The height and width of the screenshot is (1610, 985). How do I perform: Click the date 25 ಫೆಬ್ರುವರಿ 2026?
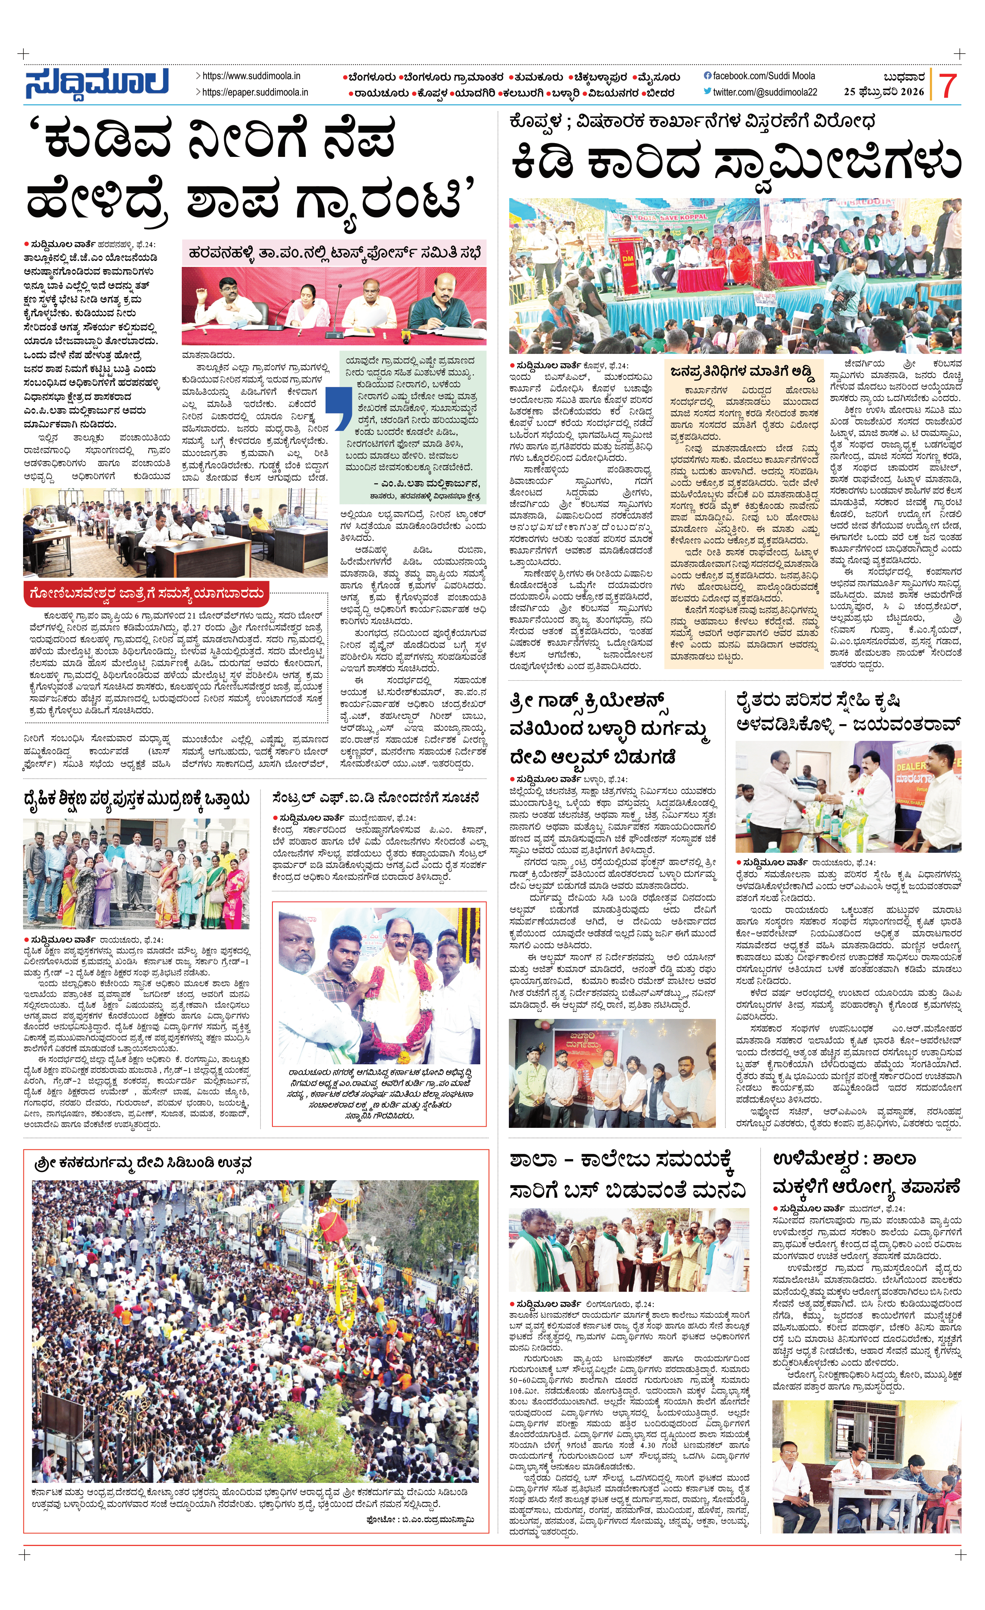click(x=884, y=92)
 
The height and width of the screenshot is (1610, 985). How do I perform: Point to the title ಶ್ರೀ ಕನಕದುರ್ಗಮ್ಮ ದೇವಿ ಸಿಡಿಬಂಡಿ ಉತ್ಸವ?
click(x=144, y=1163)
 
